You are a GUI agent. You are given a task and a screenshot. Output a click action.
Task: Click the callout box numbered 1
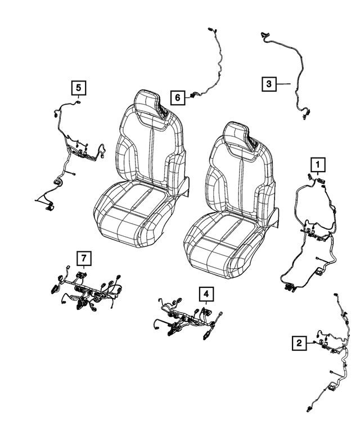click(x=318, y=164)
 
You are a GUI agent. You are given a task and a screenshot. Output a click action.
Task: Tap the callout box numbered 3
click(x=269, y=84)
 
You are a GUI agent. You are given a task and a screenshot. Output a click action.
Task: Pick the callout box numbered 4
click(x=206, y=293)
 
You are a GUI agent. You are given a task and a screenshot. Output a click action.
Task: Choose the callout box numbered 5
click(x=78, y=87)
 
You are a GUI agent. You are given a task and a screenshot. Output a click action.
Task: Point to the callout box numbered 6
click(x=177, y=98)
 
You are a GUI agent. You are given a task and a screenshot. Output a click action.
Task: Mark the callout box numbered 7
click(x=83, y=258)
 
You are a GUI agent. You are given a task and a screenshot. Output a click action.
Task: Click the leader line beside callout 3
click(x=283, y=84)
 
